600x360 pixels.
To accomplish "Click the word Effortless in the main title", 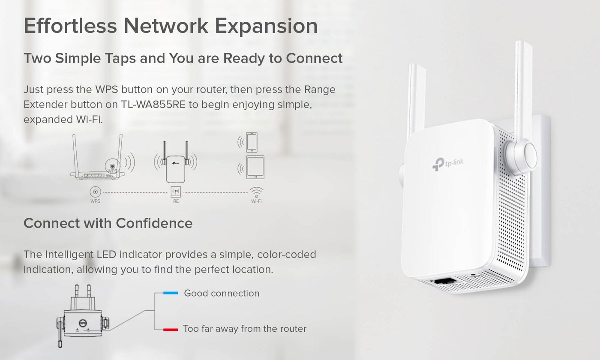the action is tap(70, 25).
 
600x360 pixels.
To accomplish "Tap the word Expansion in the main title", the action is tap(266, 26).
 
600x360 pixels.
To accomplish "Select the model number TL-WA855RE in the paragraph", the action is tap(153, 105).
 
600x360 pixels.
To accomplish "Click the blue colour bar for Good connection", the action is tap(171, 293).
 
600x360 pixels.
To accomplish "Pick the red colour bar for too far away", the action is tap(171, 330).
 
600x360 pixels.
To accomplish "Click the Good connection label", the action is tap(222, 293).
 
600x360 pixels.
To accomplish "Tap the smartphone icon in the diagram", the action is tap(252, 142).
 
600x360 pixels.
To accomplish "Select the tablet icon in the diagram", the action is tap(255, 168).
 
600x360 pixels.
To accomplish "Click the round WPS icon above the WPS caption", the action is tap(95, 192).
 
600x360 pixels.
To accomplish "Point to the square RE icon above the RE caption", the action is tap(176, 192).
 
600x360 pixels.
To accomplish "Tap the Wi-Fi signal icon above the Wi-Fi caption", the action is tap(256, 192).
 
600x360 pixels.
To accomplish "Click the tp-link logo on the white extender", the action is tap(447, 164).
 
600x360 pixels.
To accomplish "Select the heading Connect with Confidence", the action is tap(108, 223).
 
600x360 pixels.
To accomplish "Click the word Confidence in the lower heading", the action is tap(154, 223).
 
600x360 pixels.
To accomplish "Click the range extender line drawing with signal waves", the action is tap(175, 162).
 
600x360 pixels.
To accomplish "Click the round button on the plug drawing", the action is tap(83, 323).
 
